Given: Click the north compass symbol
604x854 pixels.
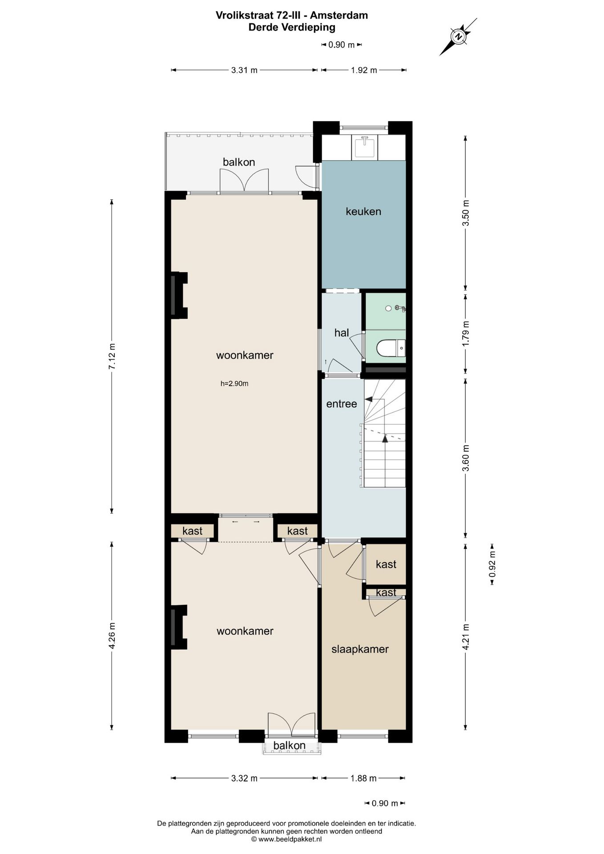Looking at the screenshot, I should click(459, 36).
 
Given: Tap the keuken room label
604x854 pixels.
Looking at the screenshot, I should click(363, 211).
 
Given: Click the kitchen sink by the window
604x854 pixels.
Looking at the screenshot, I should click(364, 147).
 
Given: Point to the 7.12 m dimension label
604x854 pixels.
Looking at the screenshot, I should click(112, 356).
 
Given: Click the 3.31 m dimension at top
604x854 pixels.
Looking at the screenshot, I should click(244, 70).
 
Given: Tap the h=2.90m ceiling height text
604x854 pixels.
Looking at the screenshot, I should click(234, 383).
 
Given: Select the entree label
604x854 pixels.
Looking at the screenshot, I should click(342, 404).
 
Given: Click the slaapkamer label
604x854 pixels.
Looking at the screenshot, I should click(360, 649).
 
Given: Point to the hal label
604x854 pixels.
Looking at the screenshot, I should click(341, 333).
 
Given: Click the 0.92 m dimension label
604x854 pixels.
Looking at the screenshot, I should click(492, 564).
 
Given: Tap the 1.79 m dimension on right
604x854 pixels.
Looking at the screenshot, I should click(466, 334).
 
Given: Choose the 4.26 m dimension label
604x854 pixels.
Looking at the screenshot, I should click(112, 636).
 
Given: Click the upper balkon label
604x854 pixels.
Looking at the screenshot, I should click(239, 162).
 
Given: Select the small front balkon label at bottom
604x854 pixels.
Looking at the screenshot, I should click(289, 745).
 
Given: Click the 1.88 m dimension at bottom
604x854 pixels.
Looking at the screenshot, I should click(363, 778).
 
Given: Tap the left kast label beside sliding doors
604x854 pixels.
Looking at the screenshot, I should click(192, 531).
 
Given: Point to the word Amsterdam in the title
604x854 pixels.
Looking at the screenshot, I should click(339, 15).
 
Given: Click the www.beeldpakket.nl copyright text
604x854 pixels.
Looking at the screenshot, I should click(286, 839).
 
